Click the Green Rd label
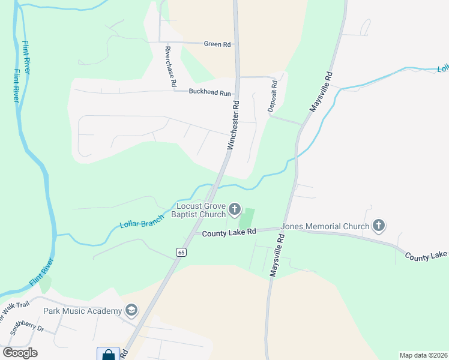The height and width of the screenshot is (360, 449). pos(217,44)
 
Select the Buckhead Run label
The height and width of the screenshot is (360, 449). pos(209,93)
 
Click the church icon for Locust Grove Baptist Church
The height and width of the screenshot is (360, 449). pos(235,210)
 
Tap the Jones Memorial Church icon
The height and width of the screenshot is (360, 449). pos(379,226)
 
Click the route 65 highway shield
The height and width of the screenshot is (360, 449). pos(181,253)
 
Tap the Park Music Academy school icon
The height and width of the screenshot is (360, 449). pos(131,311)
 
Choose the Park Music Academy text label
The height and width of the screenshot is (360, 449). pos(82,311)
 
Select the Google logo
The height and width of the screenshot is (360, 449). pos(20,352)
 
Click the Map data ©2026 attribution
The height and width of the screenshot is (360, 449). pos(423,355)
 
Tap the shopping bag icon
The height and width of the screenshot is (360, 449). pos(108,354)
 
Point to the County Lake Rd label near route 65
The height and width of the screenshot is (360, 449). pos(229,232)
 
